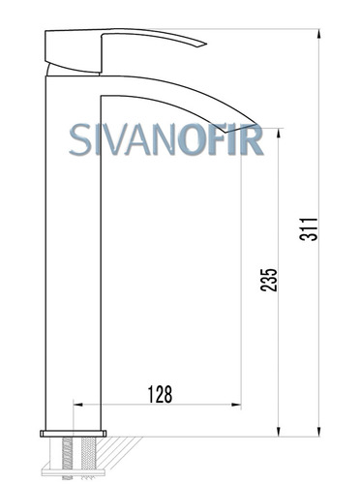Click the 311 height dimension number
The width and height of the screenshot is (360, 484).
309,229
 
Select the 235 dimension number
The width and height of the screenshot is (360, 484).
269,280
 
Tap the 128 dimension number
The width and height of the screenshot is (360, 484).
160,394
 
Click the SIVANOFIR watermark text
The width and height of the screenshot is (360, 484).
166,139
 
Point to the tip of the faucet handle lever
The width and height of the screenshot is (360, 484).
206,44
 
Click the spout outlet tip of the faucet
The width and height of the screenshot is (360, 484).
255,125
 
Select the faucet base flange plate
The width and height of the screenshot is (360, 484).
74,434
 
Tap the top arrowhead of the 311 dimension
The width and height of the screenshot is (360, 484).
319,34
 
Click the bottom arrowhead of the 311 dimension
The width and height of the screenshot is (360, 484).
319,432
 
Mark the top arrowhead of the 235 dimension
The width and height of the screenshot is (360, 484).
279,133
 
